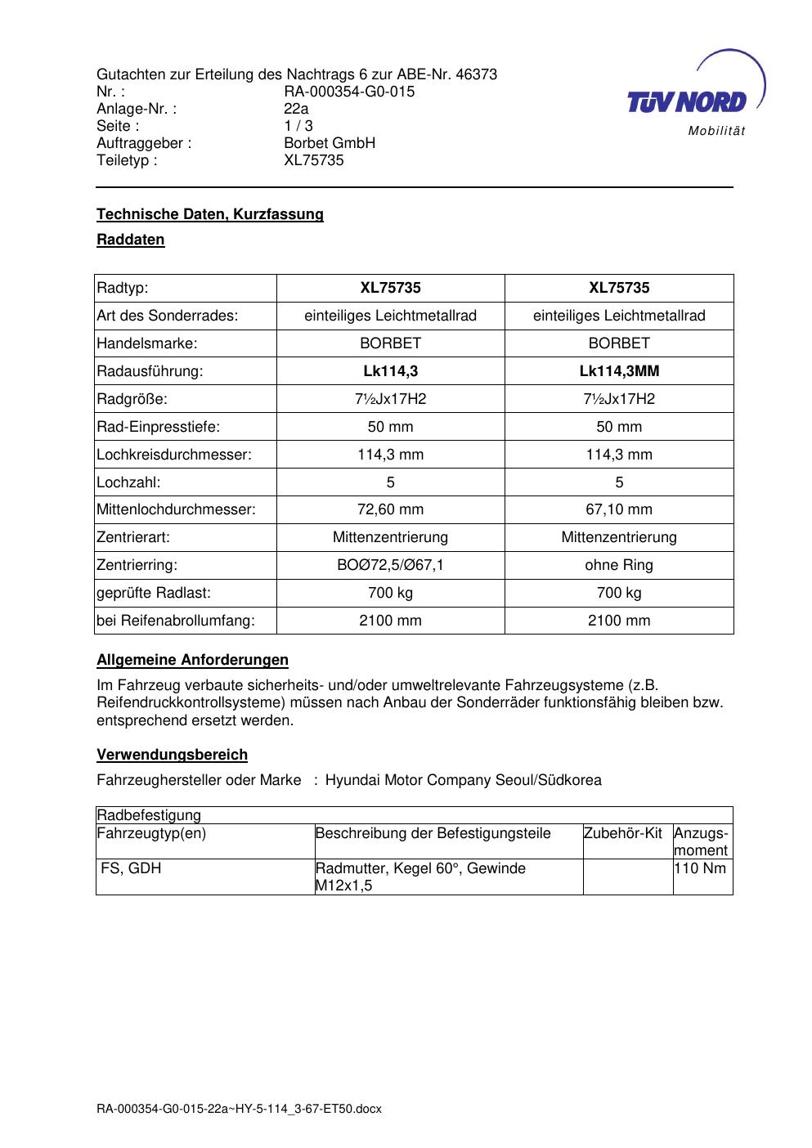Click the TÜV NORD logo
tap(688, 101)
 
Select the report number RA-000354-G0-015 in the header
tap(349, 92)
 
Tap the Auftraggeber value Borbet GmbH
tap(330, 143)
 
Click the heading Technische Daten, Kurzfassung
tap(210, 214)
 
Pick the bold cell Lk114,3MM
tap(619, 371)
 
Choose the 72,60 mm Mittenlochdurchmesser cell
tap(390, 509)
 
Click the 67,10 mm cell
tap(619, 509)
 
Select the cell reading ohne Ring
tap(619, 565)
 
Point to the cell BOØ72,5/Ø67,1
tap(390, 565)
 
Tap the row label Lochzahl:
tap(128, 482)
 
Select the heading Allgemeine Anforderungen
tap(192, 660)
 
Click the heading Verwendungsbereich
tap(172, 755)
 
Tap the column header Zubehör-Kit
tap(623, 833)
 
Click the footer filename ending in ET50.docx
tap(239, 1110)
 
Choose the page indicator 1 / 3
tap(298, 126)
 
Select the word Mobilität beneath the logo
tap(716, 132)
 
